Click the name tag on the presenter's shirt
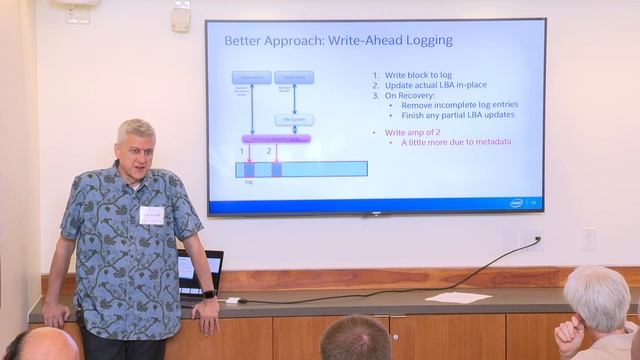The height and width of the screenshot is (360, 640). tap(151, 215)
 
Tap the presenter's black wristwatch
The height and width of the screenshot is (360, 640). tap(209, 294)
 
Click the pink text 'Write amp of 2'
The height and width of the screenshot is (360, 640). tap(406, 132)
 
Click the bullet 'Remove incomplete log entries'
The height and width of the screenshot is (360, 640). tap(458, 105)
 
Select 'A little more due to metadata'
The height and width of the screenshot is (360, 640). tap(456, 142)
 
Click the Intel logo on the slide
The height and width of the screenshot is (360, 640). tap(516, 202)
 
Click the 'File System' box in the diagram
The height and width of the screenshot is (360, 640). tap(294, 120)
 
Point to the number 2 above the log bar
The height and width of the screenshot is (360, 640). tap(269, 151)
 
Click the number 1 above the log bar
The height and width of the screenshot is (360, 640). tap(242, 151)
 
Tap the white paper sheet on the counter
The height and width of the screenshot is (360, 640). tap(458, 297)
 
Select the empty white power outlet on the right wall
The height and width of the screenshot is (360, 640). tap(588, 239)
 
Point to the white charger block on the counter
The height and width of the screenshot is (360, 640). tap(232, 300)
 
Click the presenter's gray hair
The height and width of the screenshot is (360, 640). tap(135, 129)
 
